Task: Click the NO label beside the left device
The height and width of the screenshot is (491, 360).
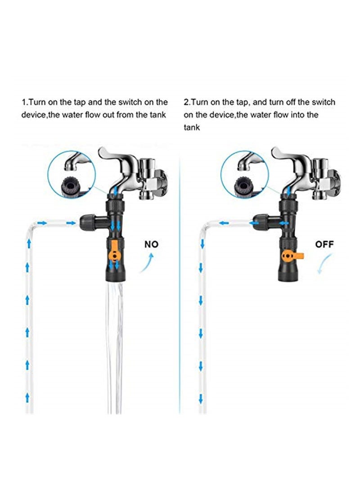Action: pyautogui.click(x=151, y=244)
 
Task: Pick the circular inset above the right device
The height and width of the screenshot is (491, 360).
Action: pyautogui.click(x=245, y=173)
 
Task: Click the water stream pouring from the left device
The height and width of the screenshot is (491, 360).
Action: pyautogui.click(x=116, y=342)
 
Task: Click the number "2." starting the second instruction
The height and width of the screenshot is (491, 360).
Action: pyautogui.click(x=187, y=103)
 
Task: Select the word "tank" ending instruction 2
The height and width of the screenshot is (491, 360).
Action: pyautogui.click(x=191, y=127)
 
